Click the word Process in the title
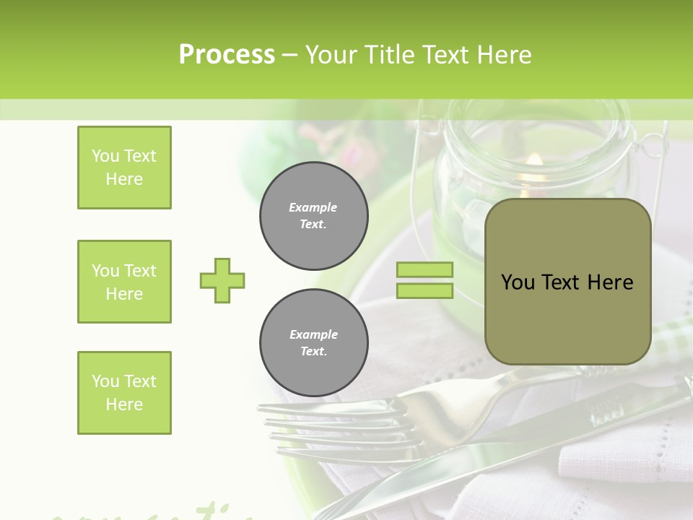(227, 55)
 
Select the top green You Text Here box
(124, 168)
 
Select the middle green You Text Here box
(124, 282)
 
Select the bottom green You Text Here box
(124, 393)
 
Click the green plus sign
(222, 280)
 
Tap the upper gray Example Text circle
(314, 216)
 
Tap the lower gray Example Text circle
(314, 343)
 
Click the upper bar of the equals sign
(424, 270)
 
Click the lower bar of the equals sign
(424, 291)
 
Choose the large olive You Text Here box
(567, 282)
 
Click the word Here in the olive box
(610, 282)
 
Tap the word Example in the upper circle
(313, 207)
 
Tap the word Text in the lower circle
(313, 352)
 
